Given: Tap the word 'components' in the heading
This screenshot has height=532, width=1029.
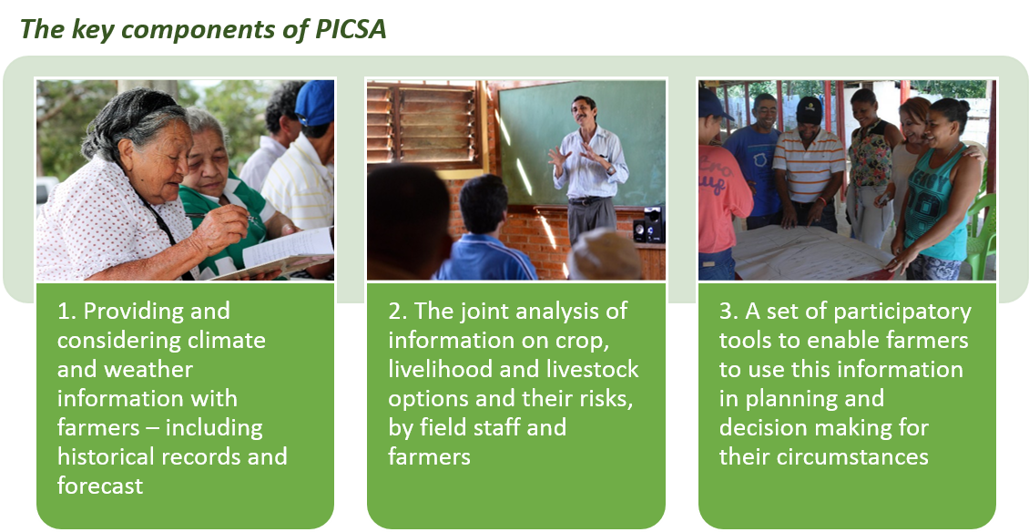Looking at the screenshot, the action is coord(197,30).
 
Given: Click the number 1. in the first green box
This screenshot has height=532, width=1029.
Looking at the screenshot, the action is coord(67,311).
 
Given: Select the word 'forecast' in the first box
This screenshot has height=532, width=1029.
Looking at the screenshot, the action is coord(100,486).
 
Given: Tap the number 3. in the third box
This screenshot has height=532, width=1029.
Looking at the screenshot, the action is coord(729,311).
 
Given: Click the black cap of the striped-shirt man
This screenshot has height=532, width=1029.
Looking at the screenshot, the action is coord(810,109).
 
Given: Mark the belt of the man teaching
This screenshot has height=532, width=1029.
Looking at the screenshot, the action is coord(588,200).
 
